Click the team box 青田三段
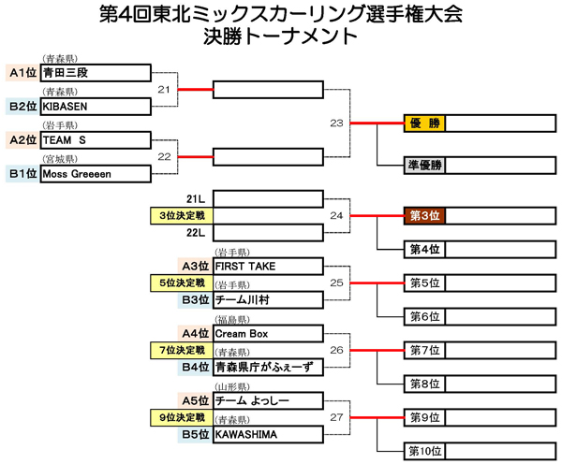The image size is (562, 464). tap(96, 73)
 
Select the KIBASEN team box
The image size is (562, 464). tap(96, 107)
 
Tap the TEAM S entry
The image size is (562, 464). tap(96, 140)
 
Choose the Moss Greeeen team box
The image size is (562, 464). tap(96, 174)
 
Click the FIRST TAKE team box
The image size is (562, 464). tap(269, 267)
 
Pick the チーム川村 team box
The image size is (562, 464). tap(269, 300)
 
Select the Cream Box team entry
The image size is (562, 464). tap(269, 334)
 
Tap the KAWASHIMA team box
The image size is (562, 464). tap(269, 435)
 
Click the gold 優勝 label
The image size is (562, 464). tap(424, 123)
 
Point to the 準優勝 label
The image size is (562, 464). tap(424, 166)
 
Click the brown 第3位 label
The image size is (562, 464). tap(424, 216)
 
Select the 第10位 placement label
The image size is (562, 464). tap(424, 451)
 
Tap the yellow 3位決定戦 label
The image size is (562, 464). tap(182, 216)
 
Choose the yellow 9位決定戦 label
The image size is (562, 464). tap(182, 418)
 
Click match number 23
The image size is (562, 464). tap(336, 123)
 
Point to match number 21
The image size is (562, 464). tap(164, 90)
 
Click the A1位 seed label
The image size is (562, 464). tap(22, 73)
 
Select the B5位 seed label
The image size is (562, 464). tap(196, 435)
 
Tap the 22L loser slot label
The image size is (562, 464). tap(196, 233)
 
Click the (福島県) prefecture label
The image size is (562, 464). tap(232, 320)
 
